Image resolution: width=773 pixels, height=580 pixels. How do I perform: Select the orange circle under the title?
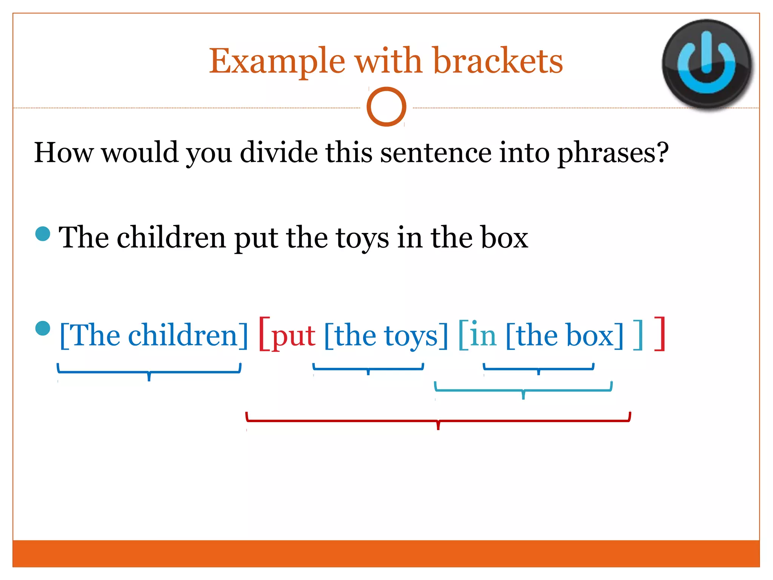point(386,107)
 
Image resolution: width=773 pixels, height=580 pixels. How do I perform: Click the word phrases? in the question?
point(613,153)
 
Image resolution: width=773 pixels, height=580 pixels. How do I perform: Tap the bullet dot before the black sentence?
point(43,234)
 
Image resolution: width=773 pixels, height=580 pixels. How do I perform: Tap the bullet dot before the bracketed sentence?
point(43,328)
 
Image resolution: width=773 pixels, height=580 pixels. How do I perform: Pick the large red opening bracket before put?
point(264,334)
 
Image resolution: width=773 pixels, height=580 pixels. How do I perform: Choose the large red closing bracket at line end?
point(660,334)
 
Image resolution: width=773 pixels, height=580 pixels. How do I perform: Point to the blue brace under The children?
point(149,372)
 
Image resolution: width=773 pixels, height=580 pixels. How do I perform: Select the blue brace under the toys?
point(368,368)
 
